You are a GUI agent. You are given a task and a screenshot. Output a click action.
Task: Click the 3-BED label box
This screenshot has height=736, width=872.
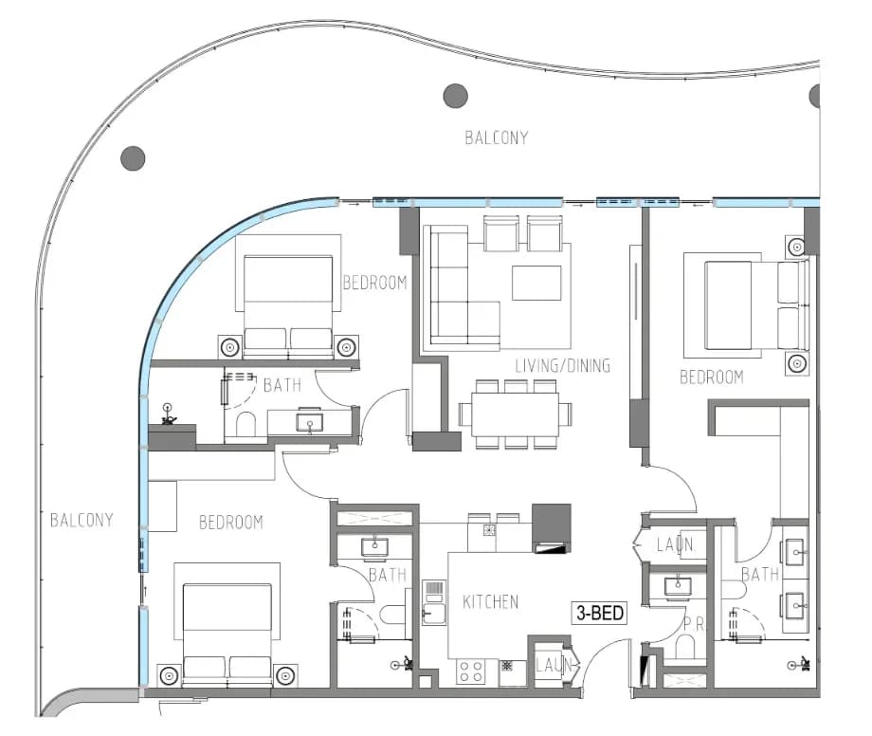point(599,613)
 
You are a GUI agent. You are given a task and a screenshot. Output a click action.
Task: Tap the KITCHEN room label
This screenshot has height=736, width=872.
point(491,601)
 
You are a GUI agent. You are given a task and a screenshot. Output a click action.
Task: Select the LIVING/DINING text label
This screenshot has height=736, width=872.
point(562,365)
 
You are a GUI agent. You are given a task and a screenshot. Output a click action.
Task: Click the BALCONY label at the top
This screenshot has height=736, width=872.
point(496,138)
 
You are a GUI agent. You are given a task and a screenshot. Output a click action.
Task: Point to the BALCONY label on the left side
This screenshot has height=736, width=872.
point(82,520)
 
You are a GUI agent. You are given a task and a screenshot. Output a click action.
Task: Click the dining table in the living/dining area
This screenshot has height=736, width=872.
point(515,414)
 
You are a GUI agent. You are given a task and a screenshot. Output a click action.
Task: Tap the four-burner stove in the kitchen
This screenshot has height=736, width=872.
point(470,671)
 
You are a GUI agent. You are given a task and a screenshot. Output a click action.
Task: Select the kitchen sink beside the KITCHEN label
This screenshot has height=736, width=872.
point(434,602)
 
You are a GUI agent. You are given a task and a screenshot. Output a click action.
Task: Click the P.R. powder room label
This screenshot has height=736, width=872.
point(694,624)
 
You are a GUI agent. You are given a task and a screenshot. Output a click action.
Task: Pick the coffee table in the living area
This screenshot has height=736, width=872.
point(536,283)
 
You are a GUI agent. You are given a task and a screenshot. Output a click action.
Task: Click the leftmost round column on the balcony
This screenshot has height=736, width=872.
point(133,158)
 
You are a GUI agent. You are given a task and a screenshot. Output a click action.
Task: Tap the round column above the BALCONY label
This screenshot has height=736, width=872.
point(456,96)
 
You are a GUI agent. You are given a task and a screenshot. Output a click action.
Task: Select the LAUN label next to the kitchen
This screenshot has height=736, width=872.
point(553,664)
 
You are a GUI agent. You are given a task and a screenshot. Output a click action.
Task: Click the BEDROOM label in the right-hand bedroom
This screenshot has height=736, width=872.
point(711,377)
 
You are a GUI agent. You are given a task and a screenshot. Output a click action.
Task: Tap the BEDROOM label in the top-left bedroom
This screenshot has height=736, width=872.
point(374,283)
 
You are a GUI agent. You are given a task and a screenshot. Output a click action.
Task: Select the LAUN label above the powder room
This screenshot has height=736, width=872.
point(675,544)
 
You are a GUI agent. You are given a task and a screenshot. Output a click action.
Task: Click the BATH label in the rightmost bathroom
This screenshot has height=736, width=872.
point(759,574)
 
